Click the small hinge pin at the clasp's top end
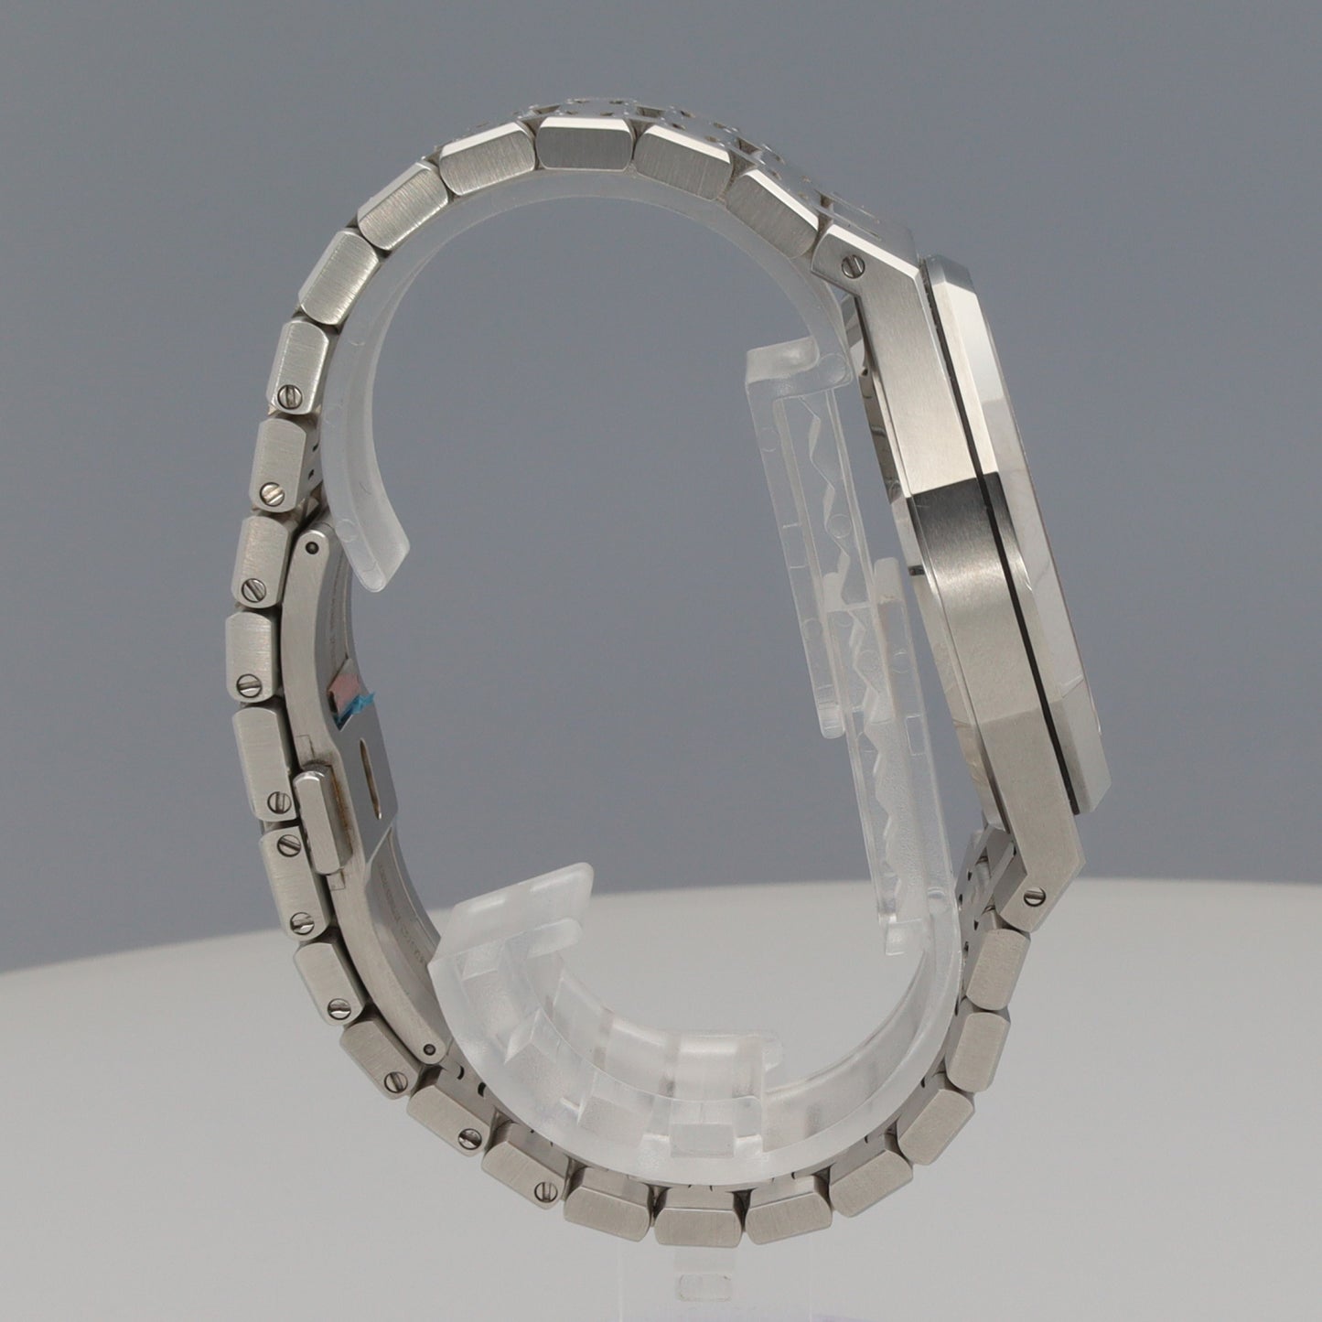coord(314,546)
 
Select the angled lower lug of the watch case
coord(1043,869)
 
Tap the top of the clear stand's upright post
coord(778,357)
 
